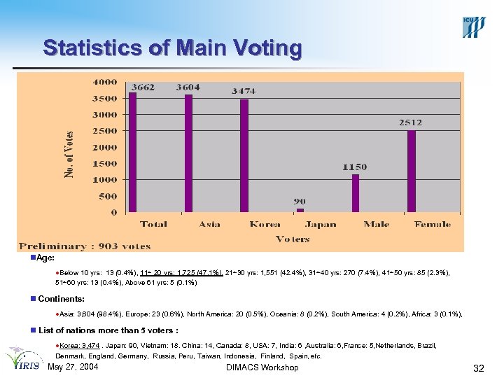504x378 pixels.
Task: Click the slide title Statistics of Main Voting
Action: coord(172,48)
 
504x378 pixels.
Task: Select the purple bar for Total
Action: coord(132,152)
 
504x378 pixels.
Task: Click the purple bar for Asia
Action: coord(188,153)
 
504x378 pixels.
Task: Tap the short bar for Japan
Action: coord(300,209)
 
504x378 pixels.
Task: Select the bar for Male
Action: coord(356,192)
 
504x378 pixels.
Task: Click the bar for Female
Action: coord(412,171)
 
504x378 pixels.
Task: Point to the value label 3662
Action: coord(143,87)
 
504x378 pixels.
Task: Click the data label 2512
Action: coord(410,122)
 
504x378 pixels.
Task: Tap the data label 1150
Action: coord(354,167)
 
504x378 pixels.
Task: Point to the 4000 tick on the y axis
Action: coord(106,82)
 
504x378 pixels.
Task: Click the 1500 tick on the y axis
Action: coord(106,163)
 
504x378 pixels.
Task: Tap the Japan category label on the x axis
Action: coord(320,225)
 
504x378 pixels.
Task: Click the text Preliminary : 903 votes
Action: coord(85,246)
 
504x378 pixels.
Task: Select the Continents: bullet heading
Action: coord(61,300)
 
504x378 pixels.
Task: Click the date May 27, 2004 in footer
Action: coord(72,367)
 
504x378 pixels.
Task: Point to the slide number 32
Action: coord(479,368)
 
